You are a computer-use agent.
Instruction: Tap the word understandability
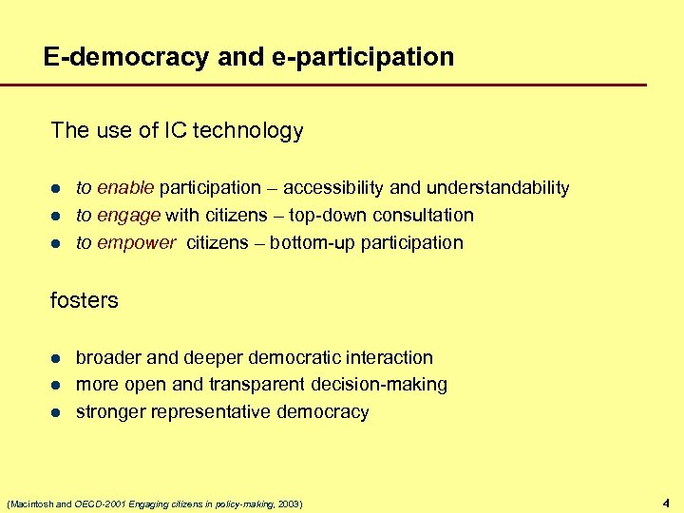click(498, 187)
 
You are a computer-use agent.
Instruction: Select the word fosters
click(84, 301)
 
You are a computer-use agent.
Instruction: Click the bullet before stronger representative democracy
click(56, 413)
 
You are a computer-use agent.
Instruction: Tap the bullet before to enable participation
click(56, 188)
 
